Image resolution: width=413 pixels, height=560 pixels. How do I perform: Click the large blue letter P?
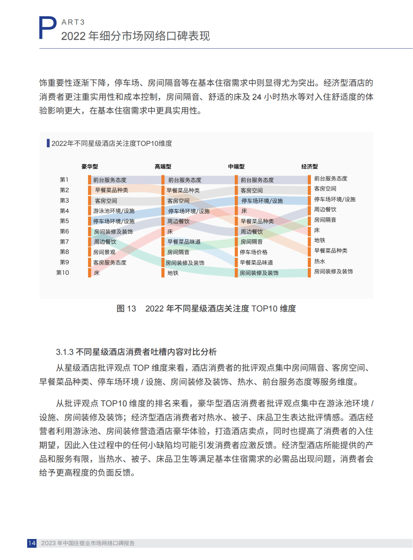47,28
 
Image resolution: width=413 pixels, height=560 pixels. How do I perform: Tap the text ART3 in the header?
73,22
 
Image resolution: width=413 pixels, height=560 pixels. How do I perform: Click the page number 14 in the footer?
32,543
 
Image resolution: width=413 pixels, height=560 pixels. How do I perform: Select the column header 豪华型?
89,166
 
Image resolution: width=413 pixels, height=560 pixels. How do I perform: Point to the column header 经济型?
309,166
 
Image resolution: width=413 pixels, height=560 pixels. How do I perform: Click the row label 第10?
63,273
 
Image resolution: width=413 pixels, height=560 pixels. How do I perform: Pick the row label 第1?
64,180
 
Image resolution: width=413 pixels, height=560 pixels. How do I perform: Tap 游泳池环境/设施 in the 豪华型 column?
114,211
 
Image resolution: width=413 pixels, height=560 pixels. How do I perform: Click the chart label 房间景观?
104,252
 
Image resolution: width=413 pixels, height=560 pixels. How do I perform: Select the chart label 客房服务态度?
110,263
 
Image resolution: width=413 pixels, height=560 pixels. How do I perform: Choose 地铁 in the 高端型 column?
173,273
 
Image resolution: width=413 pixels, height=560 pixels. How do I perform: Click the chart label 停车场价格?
254,252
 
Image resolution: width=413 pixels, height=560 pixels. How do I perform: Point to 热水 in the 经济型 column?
319,261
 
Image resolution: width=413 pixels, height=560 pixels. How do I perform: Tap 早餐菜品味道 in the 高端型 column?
184,242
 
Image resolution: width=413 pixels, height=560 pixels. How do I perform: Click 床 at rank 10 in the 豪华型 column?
96,273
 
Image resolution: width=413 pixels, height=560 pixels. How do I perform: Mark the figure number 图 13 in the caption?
126,309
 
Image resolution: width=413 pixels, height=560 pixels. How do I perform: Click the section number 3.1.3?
65,352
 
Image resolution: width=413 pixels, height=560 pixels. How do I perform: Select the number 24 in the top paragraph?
257,97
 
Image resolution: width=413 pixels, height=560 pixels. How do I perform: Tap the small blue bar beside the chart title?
48,143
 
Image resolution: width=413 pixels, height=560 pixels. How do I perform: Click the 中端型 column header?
236,166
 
